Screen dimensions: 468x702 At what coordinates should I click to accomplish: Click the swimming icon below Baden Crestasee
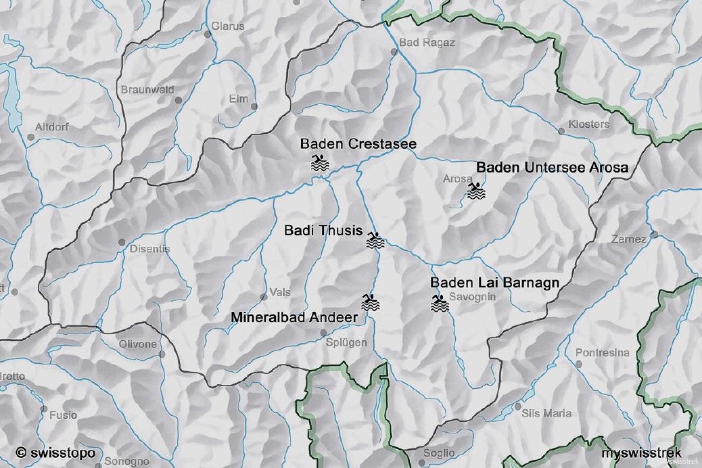pyautogui.click(x=320, y=163)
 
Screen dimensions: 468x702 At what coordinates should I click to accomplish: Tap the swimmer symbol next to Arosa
pyautogui.click(x=476, y=191)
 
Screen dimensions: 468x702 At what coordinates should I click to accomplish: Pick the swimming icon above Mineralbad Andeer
pyautogui.click(x=370, y=302)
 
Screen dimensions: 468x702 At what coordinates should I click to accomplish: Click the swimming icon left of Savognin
pyautogui.click(x=440, y=304)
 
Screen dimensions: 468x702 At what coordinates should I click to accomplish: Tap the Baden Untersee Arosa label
pyautogui.click(x=552, y=167)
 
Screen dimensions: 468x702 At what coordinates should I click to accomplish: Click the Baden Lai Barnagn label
pyautogui.click(x=494, y=283)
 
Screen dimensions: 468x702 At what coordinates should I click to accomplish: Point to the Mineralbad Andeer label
pyautogui.click(x=294, y=317)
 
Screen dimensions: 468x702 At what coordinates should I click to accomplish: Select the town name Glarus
pyautogui.click(x=228, y=26)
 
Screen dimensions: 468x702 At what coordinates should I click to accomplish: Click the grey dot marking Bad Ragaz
pyautogui.click(x=394, y=51)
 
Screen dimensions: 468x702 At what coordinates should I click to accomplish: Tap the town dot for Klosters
pyautogui.click(x=561, y=131)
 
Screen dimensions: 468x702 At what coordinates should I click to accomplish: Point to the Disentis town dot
pyautogui.click(x=122, y=241)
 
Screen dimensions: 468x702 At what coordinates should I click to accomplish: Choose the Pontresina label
pyautogui.click(x=602, y=352)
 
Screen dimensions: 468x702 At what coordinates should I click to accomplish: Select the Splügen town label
pyautogui.click(x=346, y=343)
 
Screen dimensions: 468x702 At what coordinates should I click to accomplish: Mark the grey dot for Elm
pyautogui.click(x=254, y=106)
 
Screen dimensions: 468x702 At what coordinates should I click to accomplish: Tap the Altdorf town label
pyautogui.click(x=52, y=126)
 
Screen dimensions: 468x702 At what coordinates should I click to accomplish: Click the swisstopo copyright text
pyautogui.click(x=55, y=453)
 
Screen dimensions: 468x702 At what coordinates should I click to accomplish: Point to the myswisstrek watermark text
pyautogui.click(x=641, y=453)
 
